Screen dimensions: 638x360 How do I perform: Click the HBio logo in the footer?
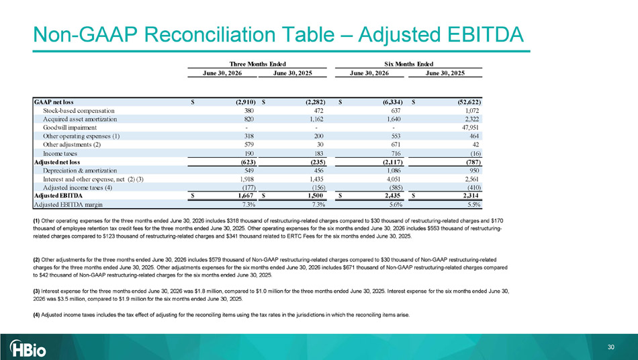(x=28, y=348)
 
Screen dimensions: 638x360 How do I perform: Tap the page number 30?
(x=610, y=347)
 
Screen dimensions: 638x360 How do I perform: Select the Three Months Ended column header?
(x=258, y=64)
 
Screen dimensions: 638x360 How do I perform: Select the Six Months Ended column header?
(x=408, y=64)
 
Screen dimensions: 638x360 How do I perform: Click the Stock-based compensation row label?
(x=79, y=111)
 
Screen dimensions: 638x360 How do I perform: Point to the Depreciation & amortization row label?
(x=80, y=171)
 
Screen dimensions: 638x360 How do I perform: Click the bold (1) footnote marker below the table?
(x=36, y=221)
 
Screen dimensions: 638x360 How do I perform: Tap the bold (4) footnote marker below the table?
(x=36, y=315)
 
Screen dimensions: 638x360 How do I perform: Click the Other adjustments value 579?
(x=249, y=144)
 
